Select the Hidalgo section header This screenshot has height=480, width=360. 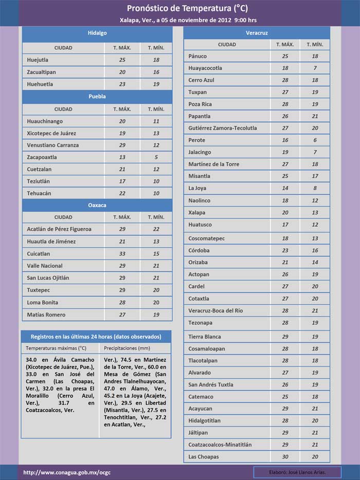pyautogui.click(x=97, y=33)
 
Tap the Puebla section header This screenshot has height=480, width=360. pyautogui.click(x=97, y=96)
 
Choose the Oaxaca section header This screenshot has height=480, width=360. pyautogui.click(x=97, y=205)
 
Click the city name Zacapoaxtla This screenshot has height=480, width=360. pyautogui.click(x=42, y=157)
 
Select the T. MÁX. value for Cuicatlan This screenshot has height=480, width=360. pyautogui.click(x=122, y=254)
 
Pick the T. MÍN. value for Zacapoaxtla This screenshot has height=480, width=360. pyautogui.click(x=156, y=157)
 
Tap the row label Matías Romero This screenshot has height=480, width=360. pyautogui.click(x=46, y=315)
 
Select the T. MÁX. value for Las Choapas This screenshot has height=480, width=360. pyautogui.click(x=285, y=457)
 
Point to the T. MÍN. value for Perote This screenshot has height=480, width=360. pyautogui.click(x=315, y=140)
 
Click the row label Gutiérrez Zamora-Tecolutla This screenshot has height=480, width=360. pyautogui.click(x=223, y=128)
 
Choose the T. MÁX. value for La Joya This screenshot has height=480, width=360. pyautogui.click(x=285, y=189)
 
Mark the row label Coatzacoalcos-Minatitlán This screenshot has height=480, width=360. pyautogui.click(x=220, y=445)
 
